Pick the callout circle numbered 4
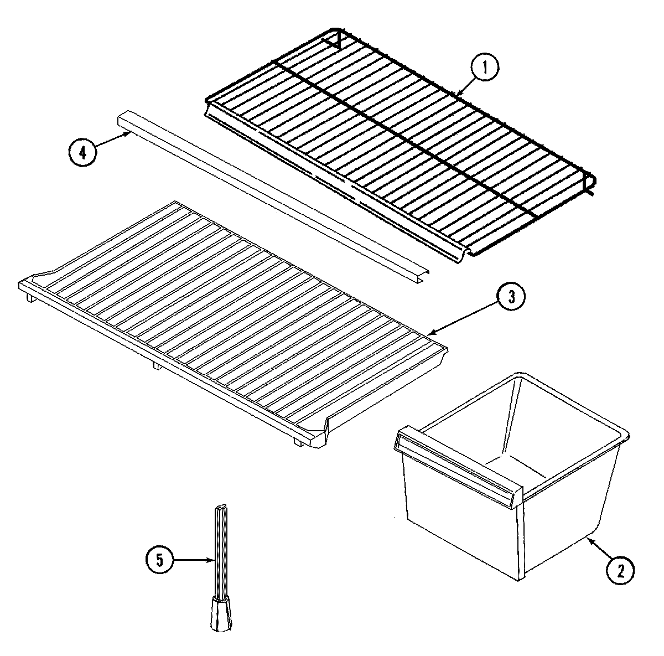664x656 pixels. click(x=82, y=152)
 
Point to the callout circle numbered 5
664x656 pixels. click(x=159, y=561)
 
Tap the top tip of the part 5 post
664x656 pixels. click(x=220, y=508)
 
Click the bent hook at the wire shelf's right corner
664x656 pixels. click(x=590, y=185)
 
